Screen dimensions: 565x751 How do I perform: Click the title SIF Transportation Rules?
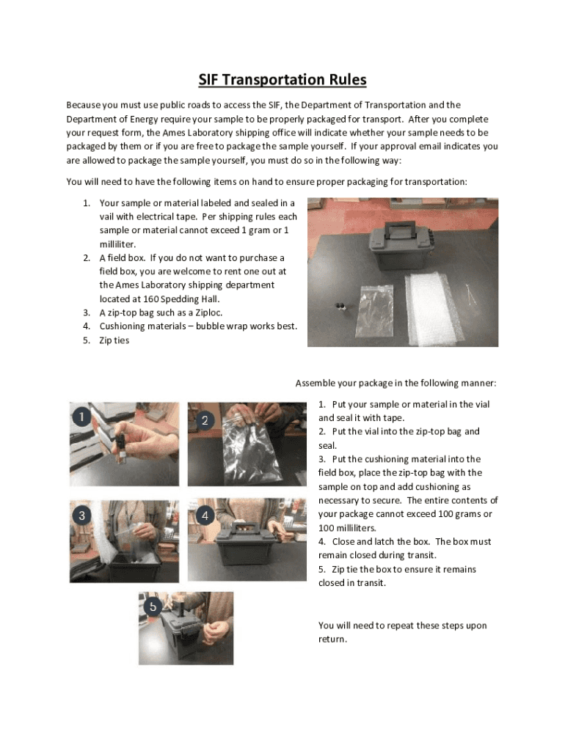click(x=282, y=79)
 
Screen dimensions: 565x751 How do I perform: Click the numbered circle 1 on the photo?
click(x=82, y=417)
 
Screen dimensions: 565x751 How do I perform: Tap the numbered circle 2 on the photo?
click(x=205, y=420)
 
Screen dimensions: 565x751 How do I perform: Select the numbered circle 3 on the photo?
click(x=82, y=516)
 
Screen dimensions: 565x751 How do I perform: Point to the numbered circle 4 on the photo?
click(x=205, y=516)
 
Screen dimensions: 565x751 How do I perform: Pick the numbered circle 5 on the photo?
click(x=153, y=607)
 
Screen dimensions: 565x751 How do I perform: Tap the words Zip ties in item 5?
click(x=114, y=340)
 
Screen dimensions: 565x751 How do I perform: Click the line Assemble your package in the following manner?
click(x=395, y=383)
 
